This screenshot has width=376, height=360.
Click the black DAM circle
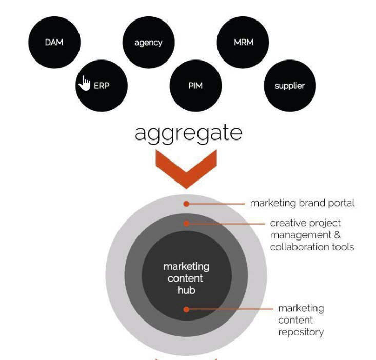pos(54,42)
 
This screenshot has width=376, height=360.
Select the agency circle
pos(148,42)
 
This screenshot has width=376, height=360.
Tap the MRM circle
pos(243,42)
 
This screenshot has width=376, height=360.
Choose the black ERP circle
pos(102,86)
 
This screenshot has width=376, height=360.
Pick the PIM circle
pos(195,86)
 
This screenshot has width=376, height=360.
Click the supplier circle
pos(290,86)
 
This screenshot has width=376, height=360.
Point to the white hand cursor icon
pos(84,82)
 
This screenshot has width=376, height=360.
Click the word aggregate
pos(188,133)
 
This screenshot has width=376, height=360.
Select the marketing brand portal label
pos(302,203)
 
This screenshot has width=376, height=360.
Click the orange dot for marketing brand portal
pos(187,203)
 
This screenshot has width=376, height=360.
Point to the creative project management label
pos(312,235)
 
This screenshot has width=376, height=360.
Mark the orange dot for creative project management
pos(187,223)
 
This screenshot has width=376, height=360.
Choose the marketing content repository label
pos(301,320)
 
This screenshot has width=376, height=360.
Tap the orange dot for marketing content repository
pos(187,309)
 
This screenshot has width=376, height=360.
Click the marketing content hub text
pos(187,278)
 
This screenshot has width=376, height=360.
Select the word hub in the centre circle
pos(187,290)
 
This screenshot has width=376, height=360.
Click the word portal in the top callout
pos(341,203)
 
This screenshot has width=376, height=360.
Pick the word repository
pos(301,332)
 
